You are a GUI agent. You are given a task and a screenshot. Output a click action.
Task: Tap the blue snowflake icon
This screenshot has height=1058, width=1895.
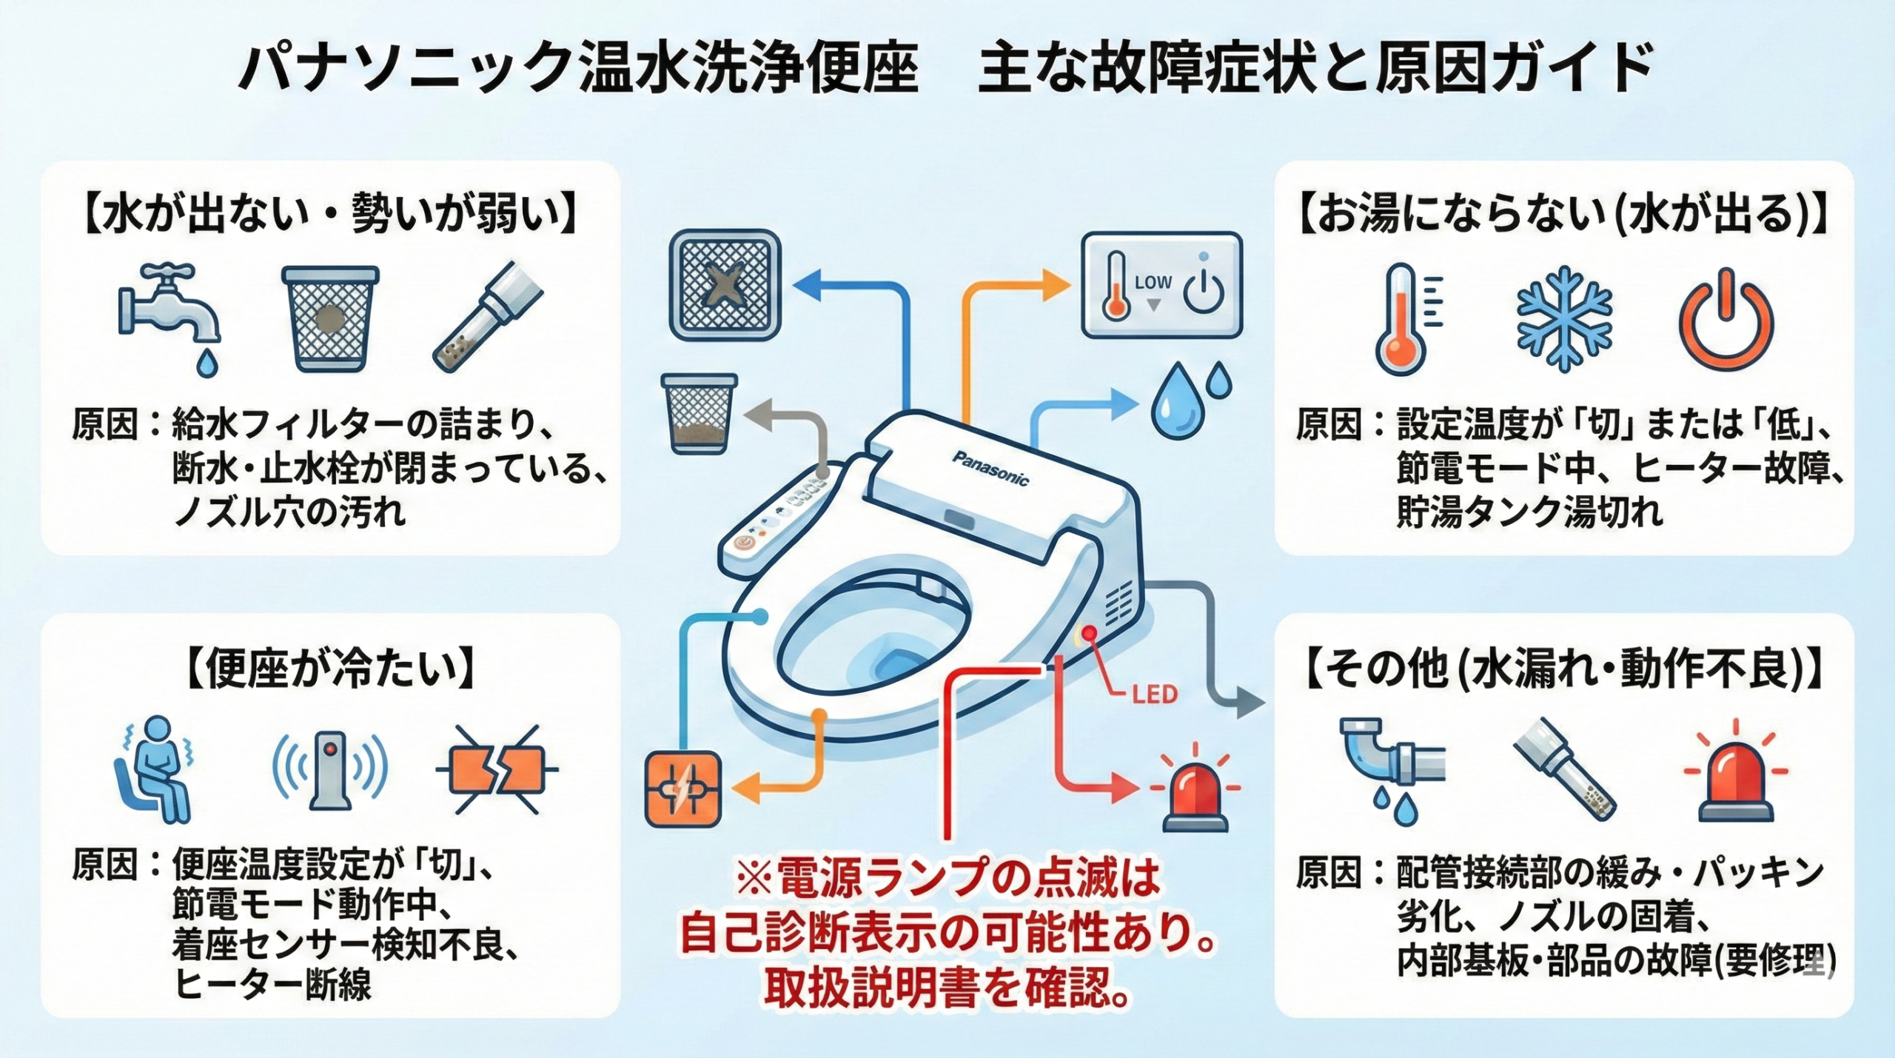(1563, 319)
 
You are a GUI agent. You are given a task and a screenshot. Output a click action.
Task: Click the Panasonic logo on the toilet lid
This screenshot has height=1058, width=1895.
(990, 468)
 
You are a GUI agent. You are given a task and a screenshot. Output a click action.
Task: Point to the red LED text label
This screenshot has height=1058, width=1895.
(1154, 694)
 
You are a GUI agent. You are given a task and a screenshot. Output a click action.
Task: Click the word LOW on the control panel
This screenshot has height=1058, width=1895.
(1153, 282)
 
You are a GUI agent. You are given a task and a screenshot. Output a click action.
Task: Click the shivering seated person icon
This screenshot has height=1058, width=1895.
(156, 769)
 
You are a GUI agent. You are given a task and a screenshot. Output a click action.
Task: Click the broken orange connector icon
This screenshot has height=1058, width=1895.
(495, 770)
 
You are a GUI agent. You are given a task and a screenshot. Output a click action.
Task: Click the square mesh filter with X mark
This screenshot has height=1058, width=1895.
(725, 286)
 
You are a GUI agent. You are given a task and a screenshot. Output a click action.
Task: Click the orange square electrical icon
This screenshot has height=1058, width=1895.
(682, 789)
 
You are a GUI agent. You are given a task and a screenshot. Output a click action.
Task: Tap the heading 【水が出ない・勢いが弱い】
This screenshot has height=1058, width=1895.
(329, 214)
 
